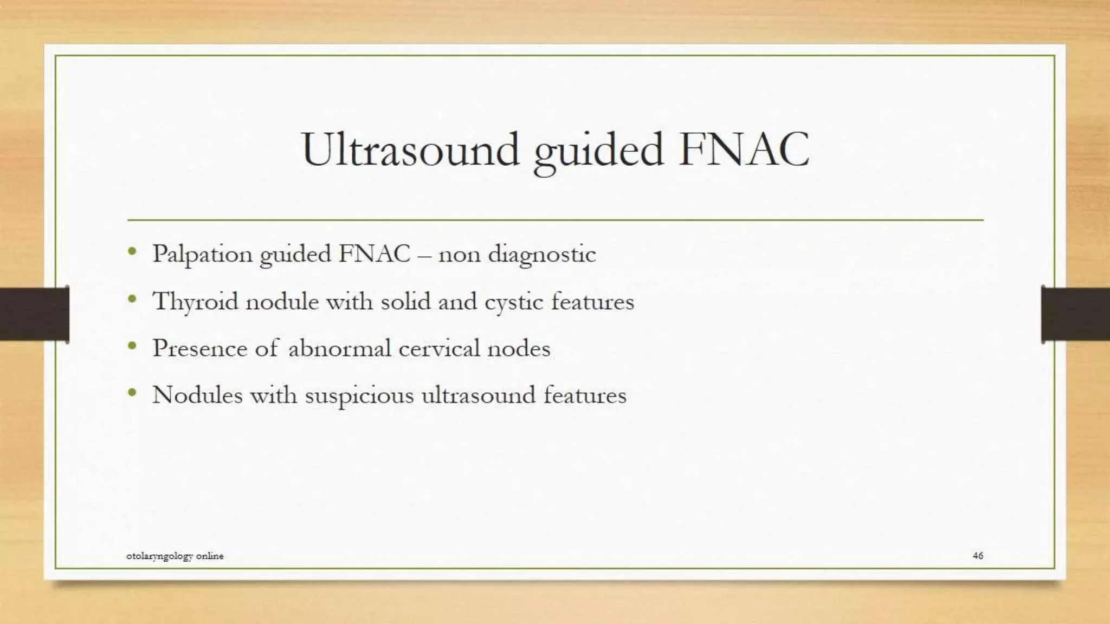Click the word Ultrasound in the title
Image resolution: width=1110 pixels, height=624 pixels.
tap(410, 149)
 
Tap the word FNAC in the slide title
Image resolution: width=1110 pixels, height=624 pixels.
tap(744, 149)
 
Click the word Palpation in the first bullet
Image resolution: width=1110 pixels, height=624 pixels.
tap(202, 254)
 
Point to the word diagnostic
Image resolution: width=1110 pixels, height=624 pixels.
tap(541, 254)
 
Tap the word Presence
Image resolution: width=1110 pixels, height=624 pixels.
tap(199, 348)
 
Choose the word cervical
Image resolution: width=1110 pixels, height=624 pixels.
tap(439, 348)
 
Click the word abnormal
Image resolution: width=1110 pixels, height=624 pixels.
tap(339, 348)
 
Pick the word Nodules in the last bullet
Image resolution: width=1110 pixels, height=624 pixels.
tap(197, 395)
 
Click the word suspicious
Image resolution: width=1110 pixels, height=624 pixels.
tap(359, 395)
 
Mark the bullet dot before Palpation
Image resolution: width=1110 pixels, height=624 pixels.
tap(132, 251)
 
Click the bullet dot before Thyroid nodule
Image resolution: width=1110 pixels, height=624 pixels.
tap(132, 298)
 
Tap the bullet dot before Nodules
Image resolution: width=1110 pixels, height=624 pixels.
tap(132, 392)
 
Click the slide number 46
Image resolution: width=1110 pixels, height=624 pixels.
tap(978, 555)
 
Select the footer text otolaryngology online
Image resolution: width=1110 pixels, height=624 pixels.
tap(175, 556)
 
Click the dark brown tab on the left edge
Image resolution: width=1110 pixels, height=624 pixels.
tap(34, 314)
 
